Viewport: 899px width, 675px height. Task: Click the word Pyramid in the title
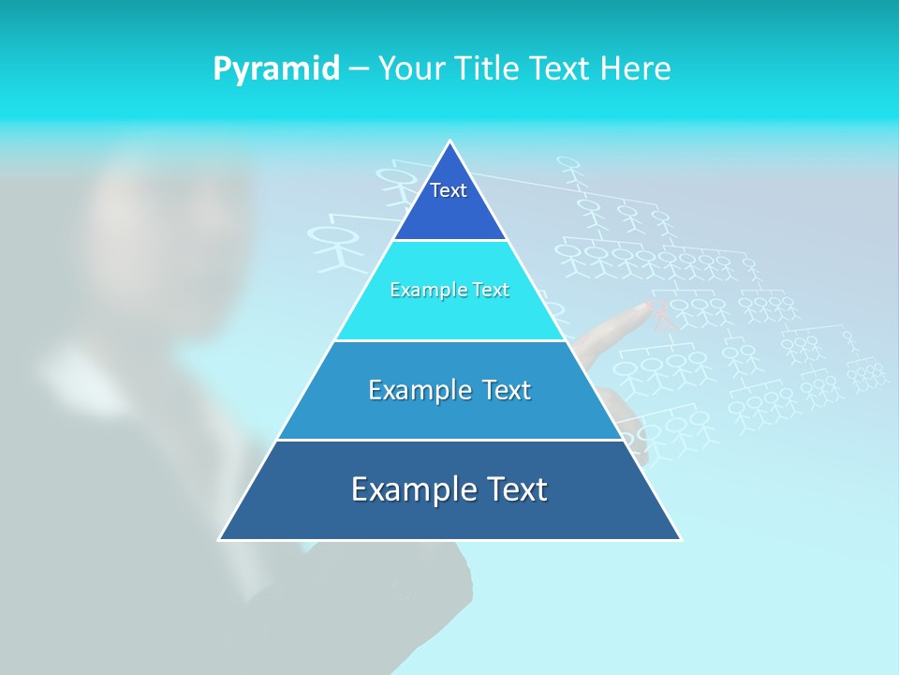(x=276, y=69)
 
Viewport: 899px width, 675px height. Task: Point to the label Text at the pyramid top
(x=449, y=190)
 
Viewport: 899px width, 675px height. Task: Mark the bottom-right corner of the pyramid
(x=680, y=539)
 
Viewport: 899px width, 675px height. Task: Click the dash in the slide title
(x=359, y=69)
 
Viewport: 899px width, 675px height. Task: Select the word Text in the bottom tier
(x=514, y=489)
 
